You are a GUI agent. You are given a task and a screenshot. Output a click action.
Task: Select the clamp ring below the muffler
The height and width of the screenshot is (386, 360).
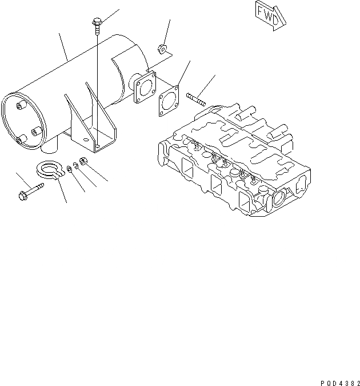49,169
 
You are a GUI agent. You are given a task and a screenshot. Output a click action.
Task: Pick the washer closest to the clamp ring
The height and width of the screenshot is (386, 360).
69,168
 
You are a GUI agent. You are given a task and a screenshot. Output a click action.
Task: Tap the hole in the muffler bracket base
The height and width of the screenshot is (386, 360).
98,146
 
